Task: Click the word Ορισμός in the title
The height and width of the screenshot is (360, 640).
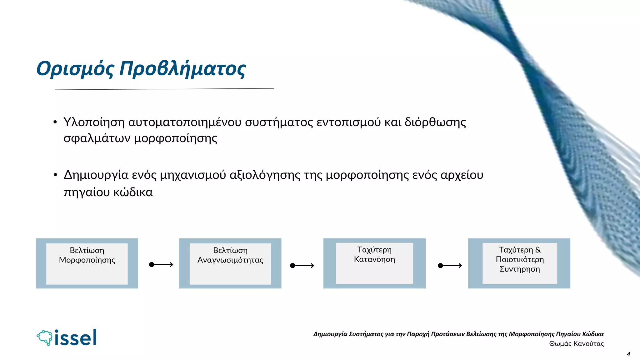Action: (75, 69)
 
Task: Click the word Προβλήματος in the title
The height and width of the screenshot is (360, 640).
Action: (183, 69)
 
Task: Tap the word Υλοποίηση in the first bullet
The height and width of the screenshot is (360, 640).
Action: (94, 122)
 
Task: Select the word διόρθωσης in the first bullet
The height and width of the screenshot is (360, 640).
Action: (435, 122)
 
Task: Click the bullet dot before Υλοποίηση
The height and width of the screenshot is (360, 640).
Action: (55, 122)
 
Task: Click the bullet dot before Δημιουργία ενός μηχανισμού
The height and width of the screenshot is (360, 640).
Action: (55, 175)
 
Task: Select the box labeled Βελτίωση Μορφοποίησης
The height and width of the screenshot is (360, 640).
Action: (87, 263)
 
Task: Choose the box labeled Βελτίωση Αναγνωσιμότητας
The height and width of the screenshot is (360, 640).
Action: (230, 263)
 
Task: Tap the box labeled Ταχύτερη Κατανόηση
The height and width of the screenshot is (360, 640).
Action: (374, 263)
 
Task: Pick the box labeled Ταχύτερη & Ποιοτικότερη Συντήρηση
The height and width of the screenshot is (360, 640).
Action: (519, 263)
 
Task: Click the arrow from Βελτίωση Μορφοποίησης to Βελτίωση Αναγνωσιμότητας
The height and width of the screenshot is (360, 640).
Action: (161, 265)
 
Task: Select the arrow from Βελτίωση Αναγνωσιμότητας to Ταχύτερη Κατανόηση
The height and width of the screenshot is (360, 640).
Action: (302, 266)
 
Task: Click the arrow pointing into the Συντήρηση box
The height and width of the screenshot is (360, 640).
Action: (450, 266)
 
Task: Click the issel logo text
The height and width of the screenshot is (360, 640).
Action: (76, 338)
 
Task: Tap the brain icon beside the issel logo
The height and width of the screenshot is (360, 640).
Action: (45, 337)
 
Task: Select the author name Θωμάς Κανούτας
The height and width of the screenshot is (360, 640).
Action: (576, 344)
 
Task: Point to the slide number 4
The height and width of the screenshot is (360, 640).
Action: (628, 354)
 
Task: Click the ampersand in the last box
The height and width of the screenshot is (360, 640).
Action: (538, 250)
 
